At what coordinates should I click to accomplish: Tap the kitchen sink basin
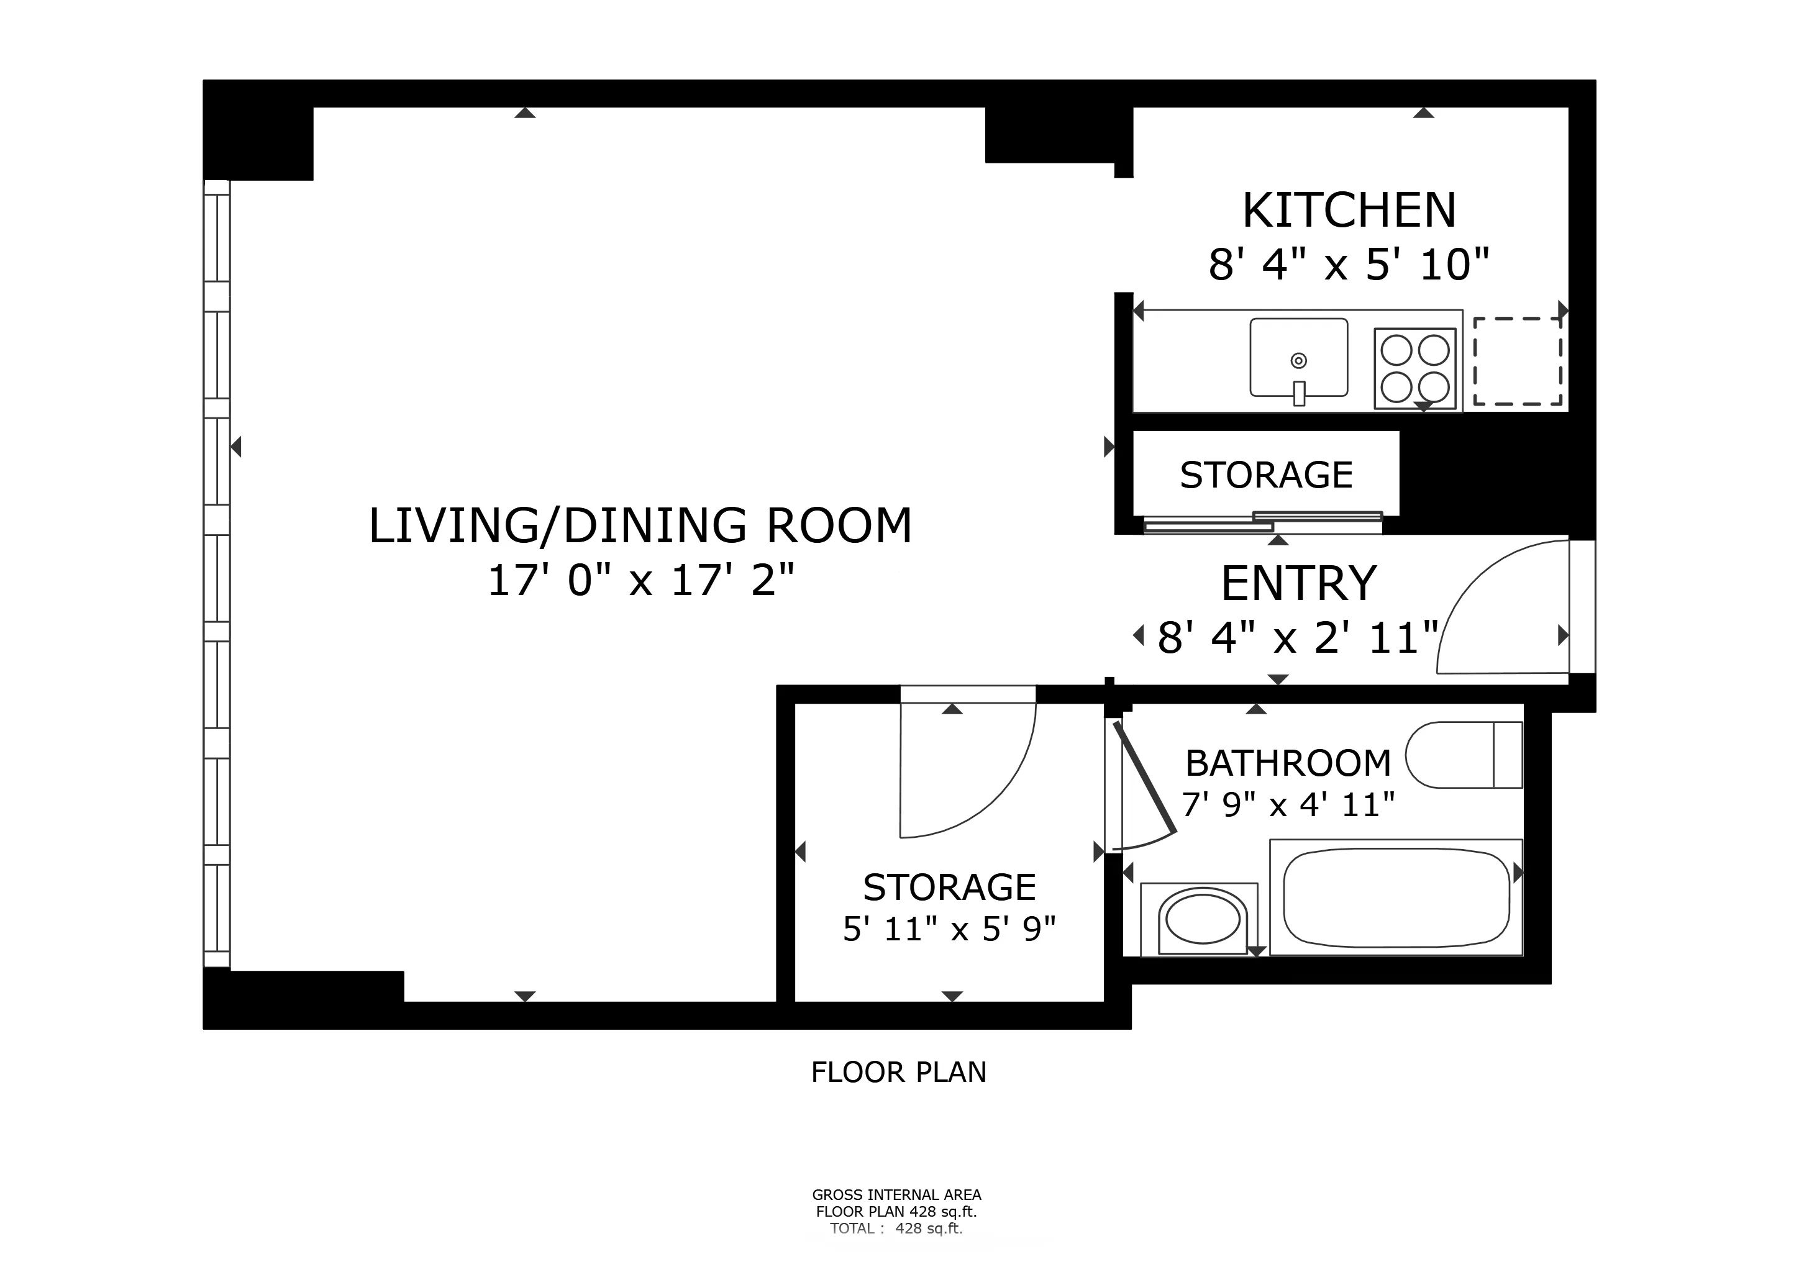[1298, 357]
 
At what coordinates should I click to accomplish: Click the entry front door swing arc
[1481, 595]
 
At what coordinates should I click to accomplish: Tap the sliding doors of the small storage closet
[1262, 522]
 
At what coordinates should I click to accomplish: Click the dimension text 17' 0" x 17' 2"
[641, 581]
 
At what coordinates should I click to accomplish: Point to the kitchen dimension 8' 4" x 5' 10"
[1349, 264]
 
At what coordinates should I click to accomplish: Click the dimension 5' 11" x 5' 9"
[949, 929]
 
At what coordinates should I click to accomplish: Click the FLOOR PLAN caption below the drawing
[899, 1072]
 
